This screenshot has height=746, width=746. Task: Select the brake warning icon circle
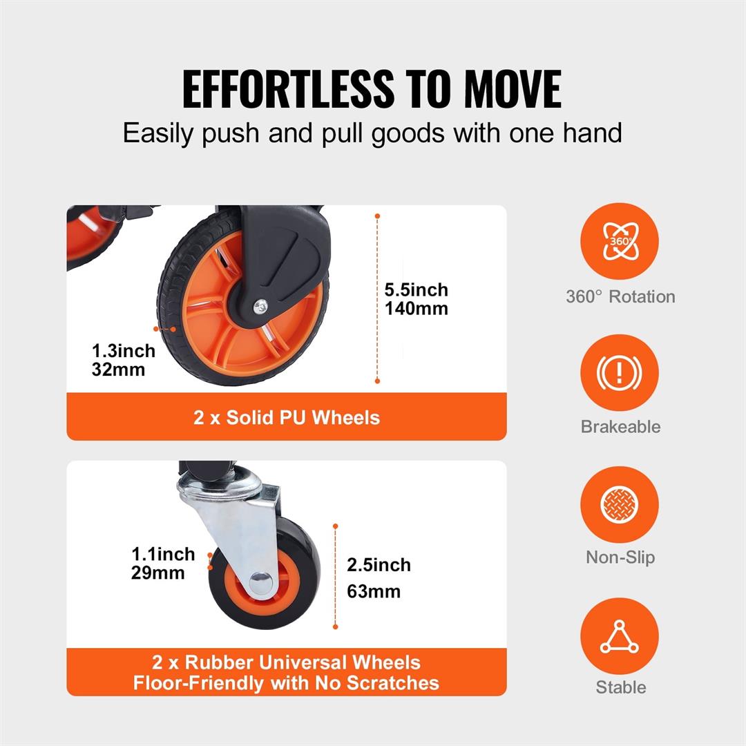619,372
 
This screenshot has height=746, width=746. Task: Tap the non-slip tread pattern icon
619,504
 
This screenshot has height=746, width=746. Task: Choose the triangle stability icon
619,637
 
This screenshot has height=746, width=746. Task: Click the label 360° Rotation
620,297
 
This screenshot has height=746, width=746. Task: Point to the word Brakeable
620,426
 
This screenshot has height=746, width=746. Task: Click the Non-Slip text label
620,557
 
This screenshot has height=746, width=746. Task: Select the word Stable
620,687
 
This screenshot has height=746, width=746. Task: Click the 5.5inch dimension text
416,290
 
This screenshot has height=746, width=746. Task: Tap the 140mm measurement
416,309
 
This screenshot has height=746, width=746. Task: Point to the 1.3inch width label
124,351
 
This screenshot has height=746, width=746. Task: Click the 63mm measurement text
374,591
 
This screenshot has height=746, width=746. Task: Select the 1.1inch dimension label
164,555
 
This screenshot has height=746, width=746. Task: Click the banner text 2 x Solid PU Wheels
287,417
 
